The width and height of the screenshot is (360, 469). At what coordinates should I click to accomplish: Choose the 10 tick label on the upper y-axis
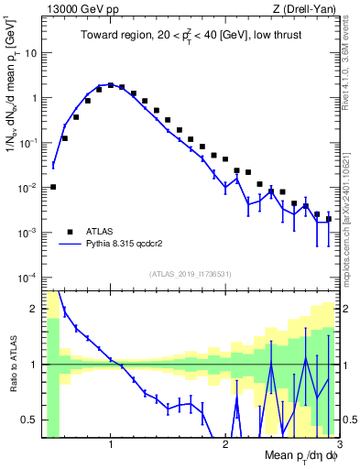tap(30, 52)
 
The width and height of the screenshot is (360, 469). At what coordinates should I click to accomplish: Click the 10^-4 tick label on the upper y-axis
tap(27, 278)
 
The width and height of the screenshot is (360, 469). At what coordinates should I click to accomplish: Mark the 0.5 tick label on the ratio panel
tap(29, 420)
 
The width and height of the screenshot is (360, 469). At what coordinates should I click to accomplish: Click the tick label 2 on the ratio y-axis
tap(34, 308)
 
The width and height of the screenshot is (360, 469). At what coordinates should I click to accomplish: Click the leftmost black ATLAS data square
tap(53, 187)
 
